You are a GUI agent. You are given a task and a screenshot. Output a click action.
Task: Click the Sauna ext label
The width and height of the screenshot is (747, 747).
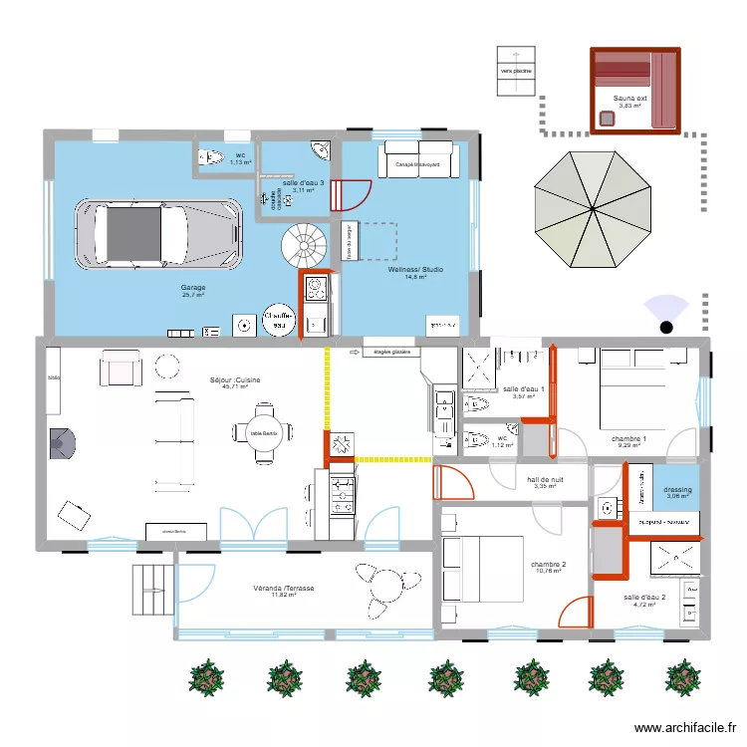[629, 98]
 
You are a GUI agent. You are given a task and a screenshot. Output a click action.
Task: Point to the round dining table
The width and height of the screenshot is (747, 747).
[263, 432]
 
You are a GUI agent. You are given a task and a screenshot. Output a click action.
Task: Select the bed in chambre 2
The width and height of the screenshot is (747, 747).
[483, 569]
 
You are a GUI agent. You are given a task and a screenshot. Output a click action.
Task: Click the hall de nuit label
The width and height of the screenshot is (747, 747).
[545, 482]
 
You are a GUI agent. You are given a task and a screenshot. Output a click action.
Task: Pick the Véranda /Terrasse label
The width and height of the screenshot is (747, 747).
[284, 590]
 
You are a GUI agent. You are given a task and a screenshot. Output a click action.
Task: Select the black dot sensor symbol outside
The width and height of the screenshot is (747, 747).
[666, 326]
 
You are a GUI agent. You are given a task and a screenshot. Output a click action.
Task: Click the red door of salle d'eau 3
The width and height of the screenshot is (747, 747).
[352, 193]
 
